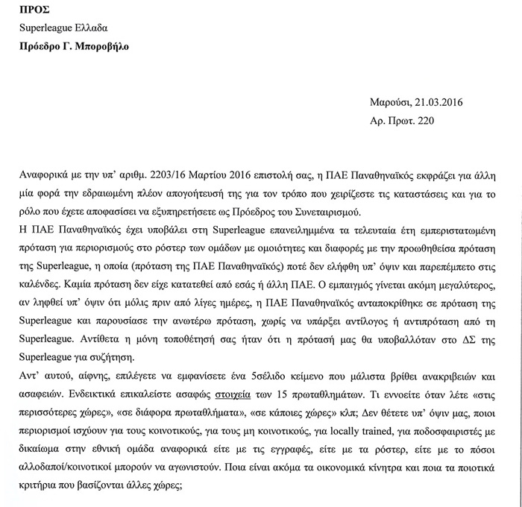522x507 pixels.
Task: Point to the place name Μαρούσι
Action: click(x=389, y=102)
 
